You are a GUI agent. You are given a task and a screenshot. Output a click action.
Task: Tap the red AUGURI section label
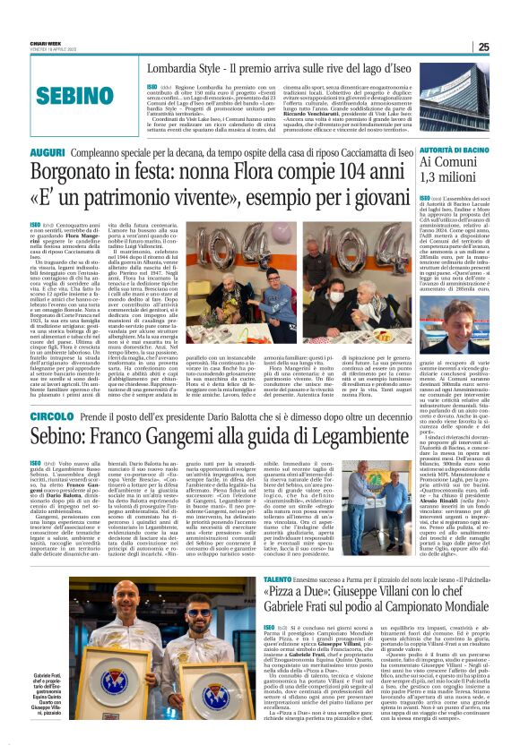tap(48, 153)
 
